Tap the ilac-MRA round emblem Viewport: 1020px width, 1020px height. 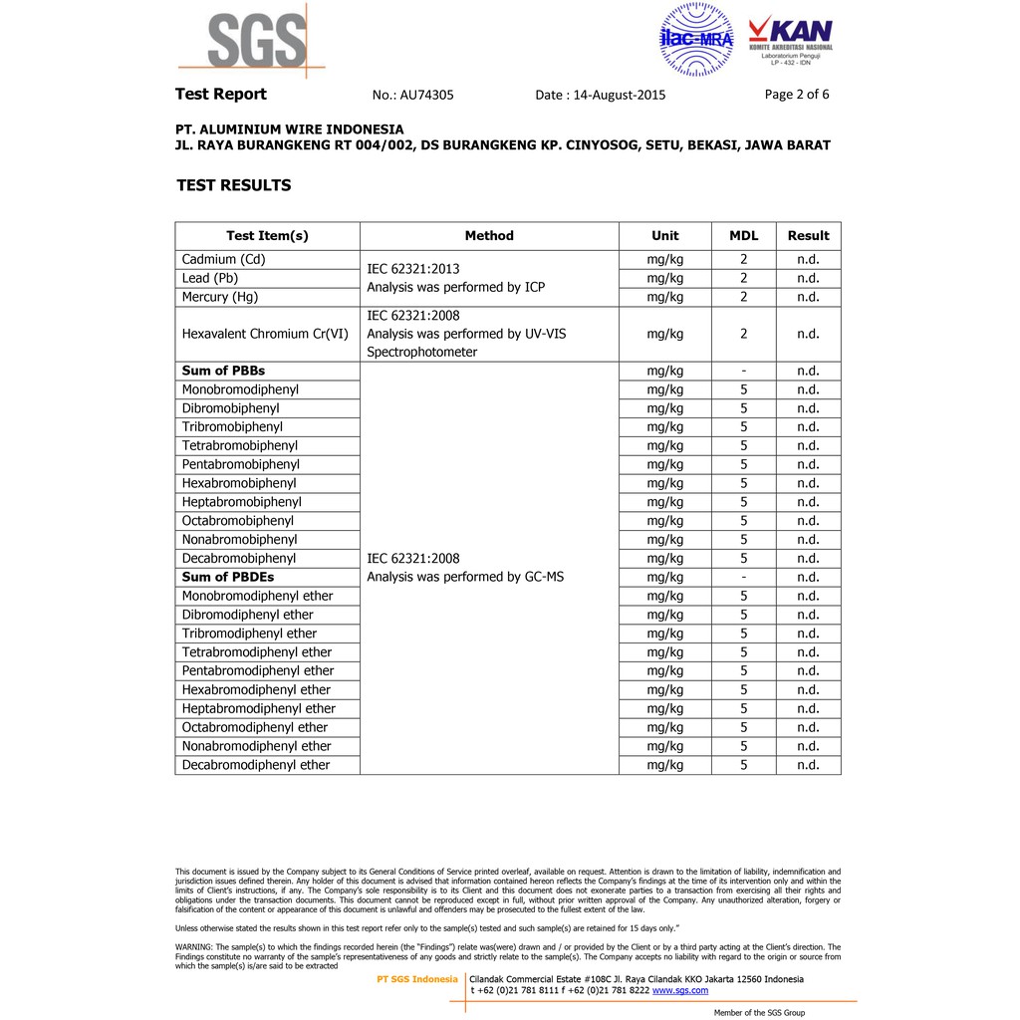696,39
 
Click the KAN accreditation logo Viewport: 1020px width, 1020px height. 790,40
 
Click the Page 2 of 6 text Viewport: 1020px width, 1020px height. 797,95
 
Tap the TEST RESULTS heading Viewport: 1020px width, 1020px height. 234,185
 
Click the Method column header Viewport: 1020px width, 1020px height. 489,236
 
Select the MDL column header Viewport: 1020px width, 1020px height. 743,236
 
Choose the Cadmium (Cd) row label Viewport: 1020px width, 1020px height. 224,259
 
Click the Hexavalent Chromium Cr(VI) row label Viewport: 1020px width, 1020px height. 265,334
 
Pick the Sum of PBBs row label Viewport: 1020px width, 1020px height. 223,371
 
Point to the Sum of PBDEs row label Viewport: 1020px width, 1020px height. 228,577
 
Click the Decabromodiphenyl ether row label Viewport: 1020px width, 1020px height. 256,765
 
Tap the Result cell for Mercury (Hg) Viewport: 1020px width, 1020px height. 808,297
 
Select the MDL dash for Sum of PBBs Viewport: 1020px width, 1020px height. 743,371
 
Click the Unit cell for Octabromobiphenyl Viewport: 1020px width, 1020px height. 664,521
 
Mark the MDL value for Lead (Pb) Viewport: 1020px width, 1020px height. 743,278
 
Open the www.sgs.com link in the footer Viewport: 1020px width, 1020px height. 680,990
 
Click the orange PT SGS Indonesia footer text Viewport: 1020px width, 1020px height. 417,979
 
